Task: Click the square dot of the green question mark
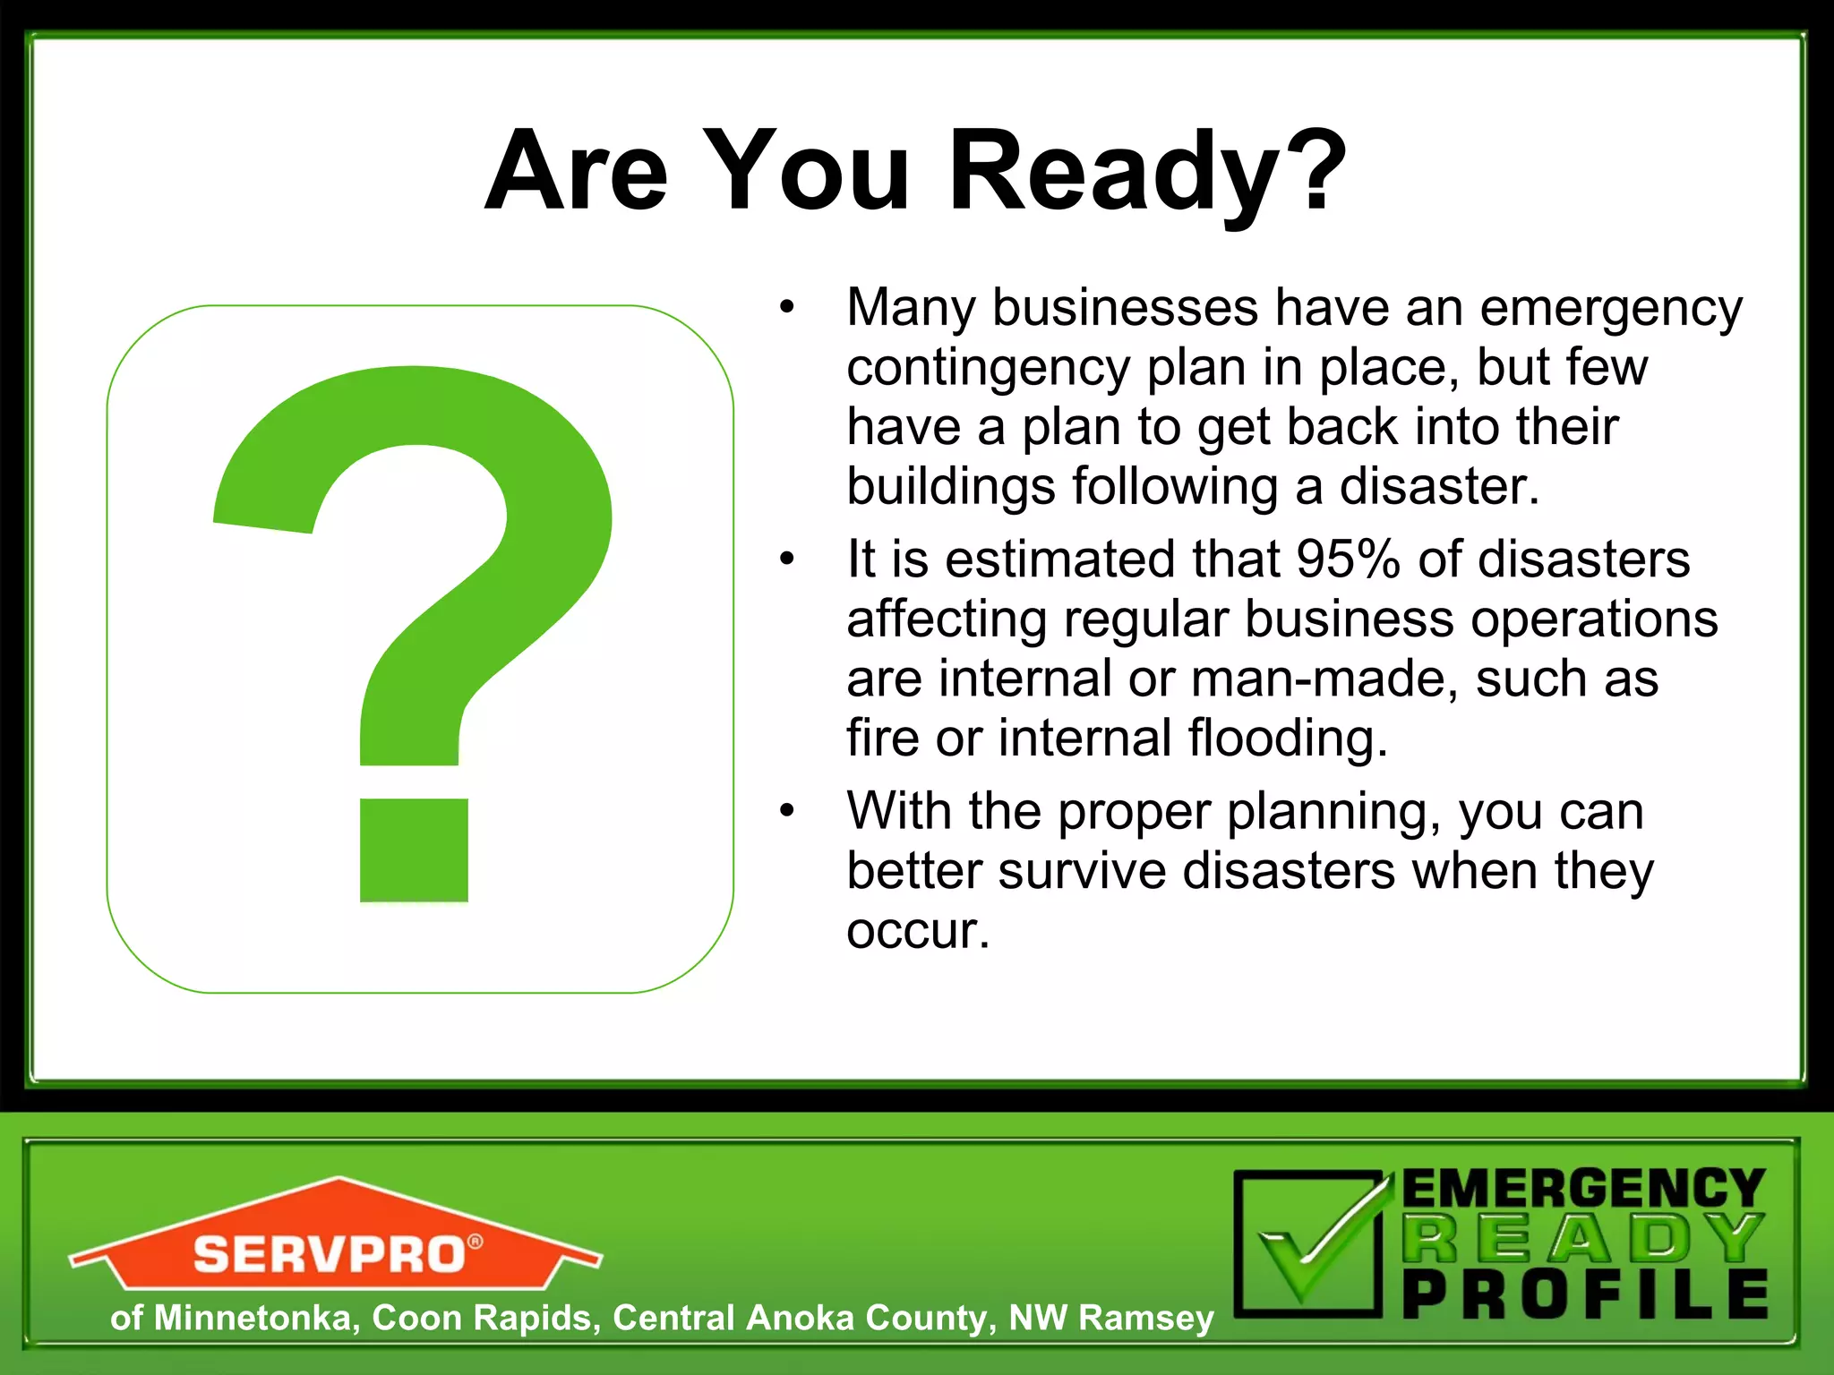point(414,850)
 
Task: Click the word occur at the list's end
point(918,931)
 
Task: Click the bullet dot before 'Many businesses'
point(786,308)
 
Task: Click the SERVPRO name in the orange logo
point(329,1254)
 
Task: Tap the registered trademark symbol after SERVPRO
point(475,1242)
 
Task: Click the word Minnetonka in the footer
point(252,1318)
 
